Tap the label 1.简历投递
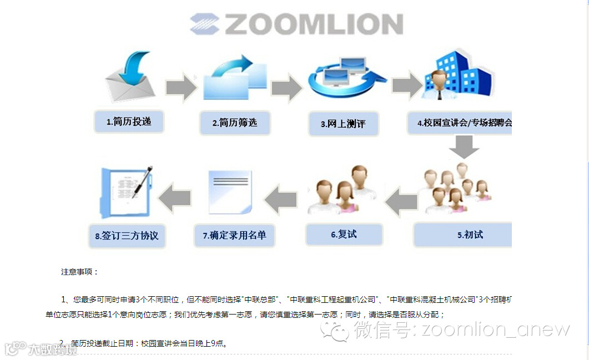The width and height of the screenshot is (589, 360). (129, 122)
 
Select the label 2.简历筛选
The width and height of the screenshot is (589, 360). (235, 123)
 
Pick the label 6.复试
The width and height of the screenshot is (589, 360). (344, 234)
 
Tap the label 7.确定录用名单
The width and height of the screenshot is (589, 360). (234, 235)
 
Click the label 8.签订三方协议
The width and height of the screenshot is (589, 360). (127, 235)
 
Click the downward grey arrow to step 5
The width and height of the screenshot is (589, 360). (464, 146)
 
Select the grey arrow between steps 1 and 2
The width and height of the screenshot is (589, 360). (182, 87)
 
